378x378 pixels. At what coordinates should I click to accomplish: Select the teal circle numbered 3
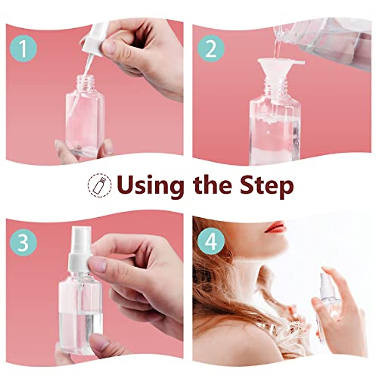pyautogui.click(x=24, y=243)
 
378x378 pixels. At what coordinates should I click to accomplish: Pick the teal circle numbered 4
pyautogui.click(x=211, y=243)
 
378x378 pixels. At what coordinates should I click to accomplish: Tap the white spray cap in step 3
pyautogui.click(x=80, y=249)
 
